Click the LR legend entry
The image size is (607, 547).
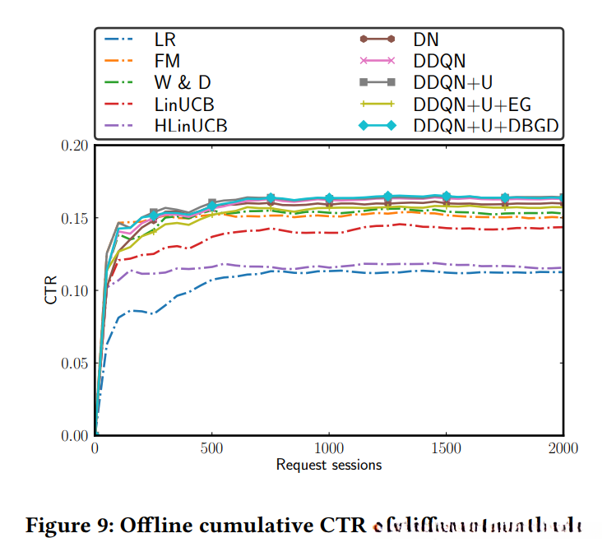tap(165, 39)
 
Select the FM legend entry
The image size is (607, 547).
tap(167, 61)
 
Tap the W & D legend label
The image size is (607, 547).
tap(183, 82)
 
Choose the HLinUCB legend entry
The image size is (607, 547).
tap(191, 126)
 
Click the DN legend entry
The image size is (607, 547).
tap(427, 39)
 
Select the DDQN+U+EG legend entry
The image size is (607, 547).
tap(473, 104)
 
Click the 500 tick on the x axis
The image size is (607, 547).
tap(212, 449)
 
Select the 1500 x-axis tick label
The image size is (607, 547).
tap(446, 449)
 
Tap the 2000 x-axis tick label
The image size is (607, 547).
tap(563, 449)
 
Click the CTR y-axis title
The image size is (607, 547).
tap(51, 290)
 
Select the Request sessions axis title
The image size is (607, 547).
tap(329, 465)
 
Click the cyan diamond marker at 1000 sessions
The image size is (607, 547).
tap(329, 198)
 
